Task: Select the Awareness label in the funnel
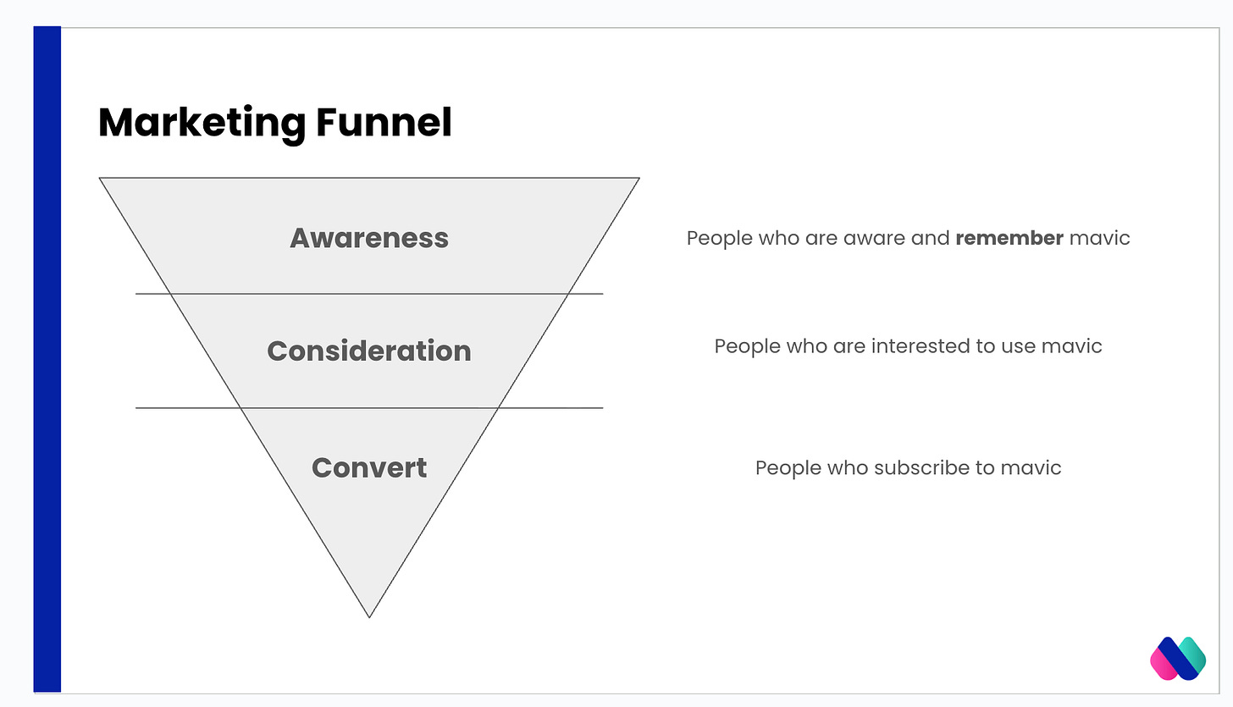369,238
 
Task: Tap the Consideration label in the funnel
369,351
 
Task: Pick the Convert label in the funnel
369,467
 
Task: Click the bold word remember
1009,238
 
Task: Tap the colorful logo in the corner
1178,658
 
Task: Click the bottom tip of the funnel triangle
369,616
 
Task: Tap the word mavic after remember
1099,238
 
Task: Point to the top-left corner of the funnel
101,179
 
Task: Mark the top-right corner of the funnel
638,179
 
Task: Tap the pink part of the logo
1164,665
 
